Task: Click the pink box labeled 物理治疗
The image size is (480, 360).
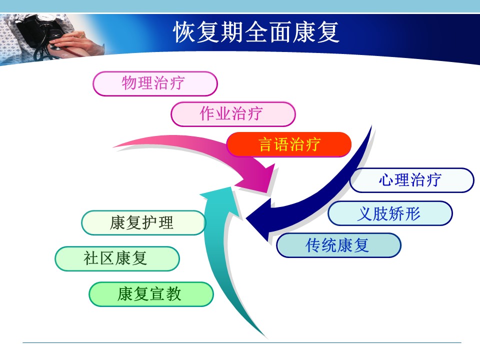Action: tap(155, 83)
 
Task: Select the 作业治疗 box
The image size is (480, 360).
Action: tap(233, 114)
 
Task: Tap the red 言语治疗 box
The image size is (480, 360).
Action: tap(289, 144)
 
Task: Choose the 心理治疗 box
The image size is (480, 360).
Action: tap(411, 180)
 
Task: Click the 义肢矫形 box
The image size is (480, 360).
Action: tap(390, 213)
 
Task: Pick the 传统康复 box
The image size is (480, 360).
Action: tap(338, 245)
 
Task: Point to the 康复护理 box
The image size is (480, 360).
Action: tap(143, 222)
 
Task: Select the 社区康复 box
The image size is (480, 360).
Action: tap(117, 258)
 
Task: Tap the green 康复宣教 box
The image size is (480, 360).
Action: tap(151, 294)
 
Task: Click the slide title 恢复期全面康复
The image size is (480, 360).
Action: tap(256, 32)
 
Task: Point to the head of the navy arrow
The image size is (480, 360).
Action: tap(259, 219)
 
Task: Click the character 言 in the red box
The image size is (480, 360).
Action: tap(265, 144)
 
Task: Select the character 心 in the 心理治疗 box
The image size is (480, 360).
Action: tap(386, 180)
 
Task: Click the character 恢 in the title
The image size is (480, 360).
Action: tap(184, 32)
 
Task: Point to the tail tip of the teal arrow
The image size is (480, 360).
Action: tap(265, 337)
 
